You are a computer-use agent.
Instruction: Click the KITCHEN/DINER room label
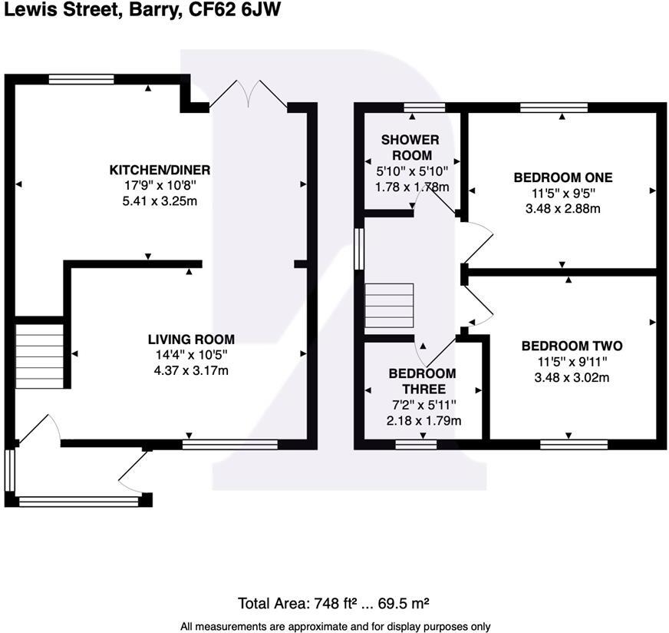(x=160, y=170)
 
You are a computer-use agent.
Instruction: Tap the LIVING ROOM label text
(x=191, y=339)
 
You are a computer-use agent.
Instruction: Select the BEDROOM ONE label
(x=562, y=177)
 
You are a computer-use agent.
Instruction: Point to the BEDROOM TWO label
(x=572, y=346)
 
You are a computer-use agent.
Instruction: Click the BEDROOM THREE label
(x=422, y=381)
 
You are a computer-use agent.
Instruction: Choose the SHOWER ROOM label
(x=410, y=147)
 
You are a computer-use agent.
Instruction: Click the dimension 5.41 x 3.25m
(x=160, y=201)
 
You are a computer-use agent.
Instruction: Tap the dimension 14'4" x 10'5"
(x=191, y=355)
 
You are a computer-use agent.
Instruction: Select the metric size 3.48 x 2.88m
(x=562, y=209)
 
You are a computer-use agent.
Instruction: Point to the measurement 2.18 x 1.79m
(x=422, y=420)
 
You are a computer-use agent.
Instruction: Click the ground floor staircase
(x=39, y=356)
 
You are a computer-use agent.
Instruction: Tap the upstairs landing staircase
(x=389, y=307)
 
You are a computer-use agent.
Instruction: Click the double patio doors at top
(x=248, y=94)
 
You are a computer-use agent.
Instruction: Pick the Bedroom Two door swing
(x=477, y=309)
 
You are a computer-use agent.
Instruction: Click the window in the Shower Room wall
(x=424, y=108)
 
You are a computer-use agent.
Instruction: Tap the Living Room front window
(x=230, y=443)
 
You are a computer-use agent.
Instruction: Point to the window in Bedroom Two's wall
(x=574, y=444)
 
